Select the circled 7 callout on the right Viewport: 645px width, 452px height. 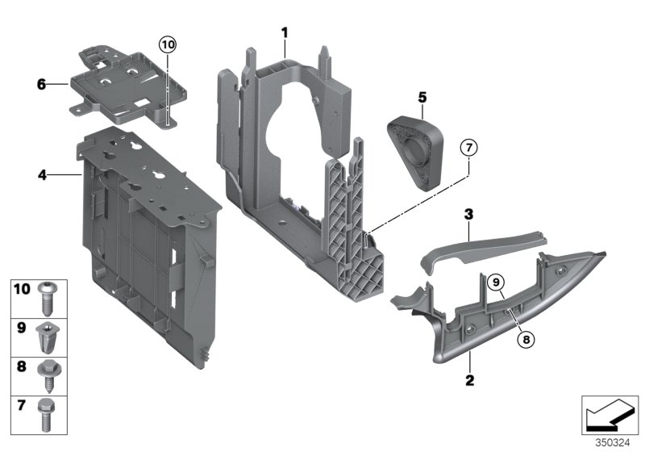469,148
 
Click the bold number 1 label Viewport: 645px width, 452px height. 284,31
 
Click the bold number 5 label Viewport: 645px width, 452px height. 421,97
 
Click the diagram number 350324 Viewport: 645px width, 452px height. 612,442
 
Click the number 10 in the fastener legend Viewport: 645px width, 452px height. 21,288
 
